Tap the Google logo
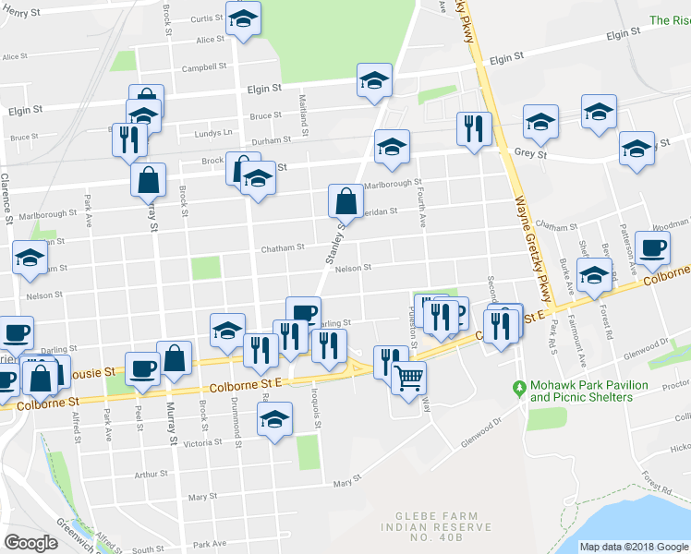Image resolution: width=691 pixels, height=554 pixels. coord(30,543)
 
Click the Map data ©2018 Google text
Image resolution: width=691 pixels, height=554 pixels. coord(633,547)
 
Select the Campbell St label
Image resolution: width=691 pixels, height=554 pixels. coord(204,66)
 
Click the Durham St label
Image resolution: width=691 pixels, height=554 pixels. coord(273,139)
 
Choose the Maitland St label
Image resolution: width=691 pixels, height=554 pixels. coord(303,95)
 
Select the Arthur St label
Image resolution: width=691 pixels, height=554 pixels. coord(149,475)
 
